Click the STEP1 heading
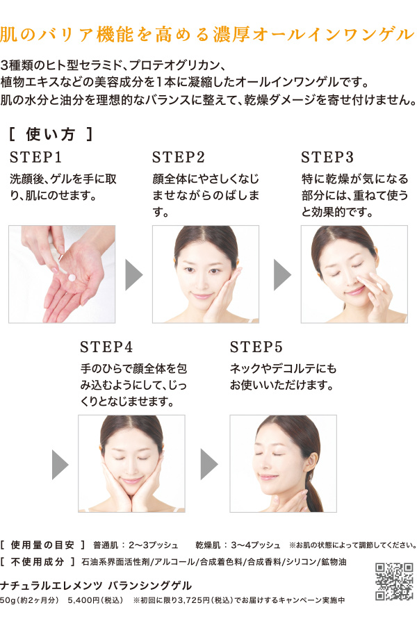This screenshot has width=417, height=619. (x=36, y=157)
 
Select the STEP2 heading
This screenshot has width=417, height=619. (x=179, y=157)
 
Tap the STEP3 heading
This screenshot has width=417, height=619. (x=327, y=157)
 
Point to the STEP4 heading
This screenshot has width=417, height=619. (x=106, y=347)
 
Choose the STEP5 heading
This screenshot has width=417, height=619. (x=256, y=347)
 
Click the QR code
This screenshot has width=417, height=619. (x=394, y=581)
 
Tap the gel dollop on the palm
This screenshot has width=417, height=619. (x=72, y=277)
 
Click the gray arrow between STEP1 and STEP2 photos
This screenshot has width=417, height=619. (x=134, y=274)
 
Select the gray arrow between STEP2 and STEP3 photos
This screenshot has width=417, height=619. (x=282, y=274)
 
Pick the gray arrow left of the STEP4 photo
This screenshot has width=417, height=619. (x=60, y=464)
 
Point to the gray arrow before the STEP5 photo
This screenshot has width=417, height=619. (x=209, y=464)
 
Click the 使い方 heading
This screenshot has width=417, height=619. (x=51, y=134)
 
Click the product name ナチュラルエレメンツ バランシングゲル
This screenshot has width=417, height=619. (x=96, y=585)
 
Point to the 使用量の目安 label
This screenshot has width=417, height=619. (x=42, y=545)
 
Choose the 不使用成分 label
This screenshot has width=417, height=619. (x=37, y=562)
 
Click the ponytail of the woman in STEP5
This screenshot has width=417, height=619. (x=314, y=493)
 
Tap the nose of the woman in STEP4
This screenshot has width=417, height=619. (x=131, y=467)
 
